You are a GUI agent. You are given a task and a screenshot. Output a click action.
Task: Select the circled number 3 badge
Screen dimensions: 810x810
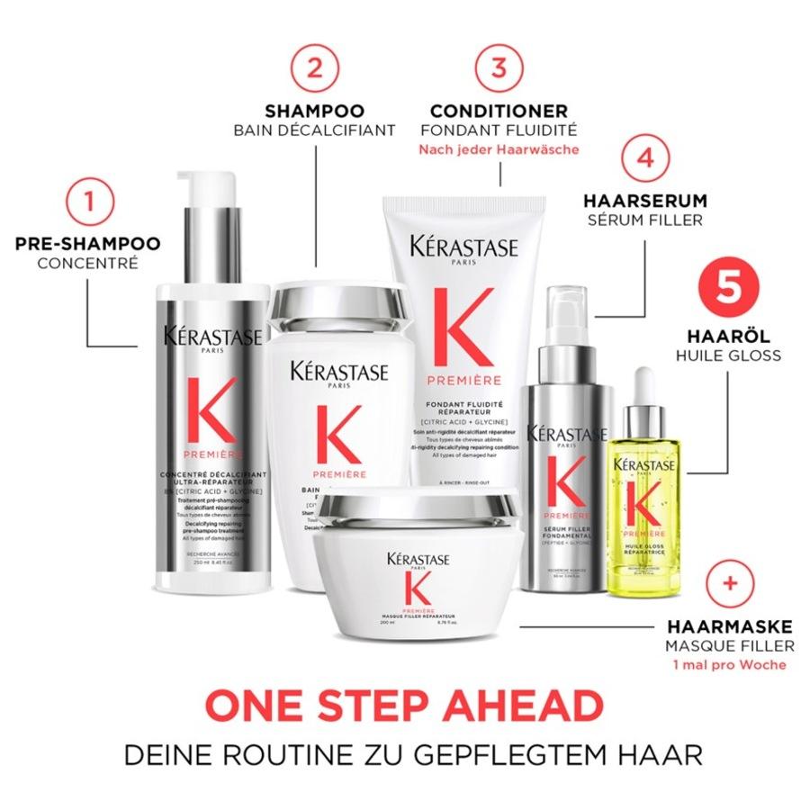499,67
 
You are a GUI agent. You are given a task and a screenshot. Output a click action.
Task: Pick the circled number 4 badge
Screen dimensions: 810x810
643,157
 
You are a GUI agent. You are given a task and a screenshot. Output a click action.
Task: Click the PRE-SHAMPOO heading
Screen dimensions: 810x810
87,244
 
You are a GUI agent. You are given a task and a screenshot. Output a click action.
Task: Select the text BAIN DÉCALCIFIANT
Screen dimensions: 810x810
314,130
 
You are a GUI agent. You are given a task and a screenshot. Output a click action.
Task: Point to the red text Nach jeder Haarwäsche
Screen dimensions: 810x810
499,150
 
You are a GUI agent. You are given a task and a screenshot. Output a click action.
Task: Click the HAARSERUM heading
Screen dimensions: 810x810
643,201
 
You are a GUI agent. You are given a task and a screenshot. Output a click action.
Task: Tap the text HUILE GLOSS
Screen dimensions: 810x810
728,355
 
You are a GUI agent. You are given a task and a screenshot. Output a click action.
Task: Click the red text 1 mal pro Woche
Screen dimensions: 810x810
730,665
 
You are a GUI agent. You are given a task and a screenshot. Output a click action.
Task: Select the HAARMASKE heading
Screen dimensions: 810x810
730,626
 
